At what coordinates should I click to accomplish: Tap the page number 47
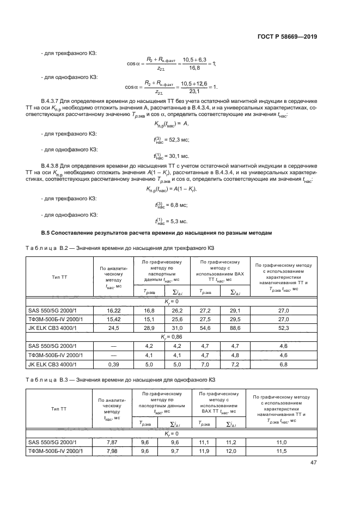click(313, 463)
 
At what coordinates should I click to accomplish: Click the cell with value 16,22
click(113, 310)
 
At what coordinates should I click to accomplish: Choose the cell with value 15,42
click(113, 318)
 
